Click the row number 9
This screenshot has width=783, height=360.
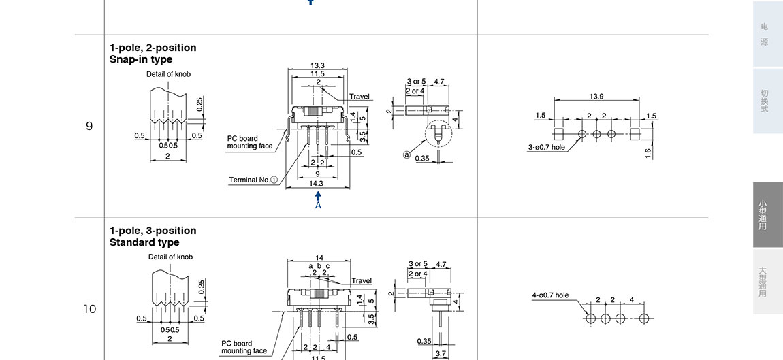[89, 126]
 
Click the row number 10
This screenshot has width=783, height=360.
[89, 309]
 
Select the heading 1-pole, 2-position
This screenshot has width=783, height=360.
[153, 48]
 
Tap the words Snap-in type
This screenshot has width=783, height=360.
[141, 59]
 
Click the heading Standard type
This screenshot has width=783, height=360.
[144, 242]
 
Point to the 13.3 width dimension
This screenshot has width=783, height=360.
[317, 65]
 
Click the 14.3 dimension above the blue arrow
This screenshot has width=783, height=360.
[316, 183]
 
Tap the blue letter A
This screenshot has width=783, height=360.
[318, 205]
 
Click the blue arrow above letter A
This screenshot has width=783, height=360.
[318, 196]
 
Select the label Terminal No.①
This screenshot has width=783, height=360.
[253, 180]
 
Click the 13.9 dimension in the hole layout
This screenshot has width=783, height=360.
[596, 97]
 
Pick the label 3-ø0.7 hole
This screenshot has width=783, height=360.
[547, 147]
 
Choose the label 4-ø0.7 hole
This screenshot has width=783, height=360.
[550, 295]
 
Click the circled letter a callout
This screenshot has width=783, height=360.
[407, 154]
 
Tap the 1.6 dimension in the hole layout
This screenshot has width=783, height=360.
[648, 153]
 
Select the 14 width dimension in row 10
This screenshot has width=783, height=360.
[319, 258]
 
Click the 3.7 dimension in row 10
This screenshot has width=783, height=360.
[441, 353]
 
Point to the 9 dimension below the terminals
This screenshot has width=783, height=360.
[317, 174]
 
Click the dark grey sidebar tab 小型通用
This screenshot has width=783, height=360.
[763, 214]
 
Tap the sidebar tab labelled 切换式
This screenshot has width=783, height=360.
[765, 101]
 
